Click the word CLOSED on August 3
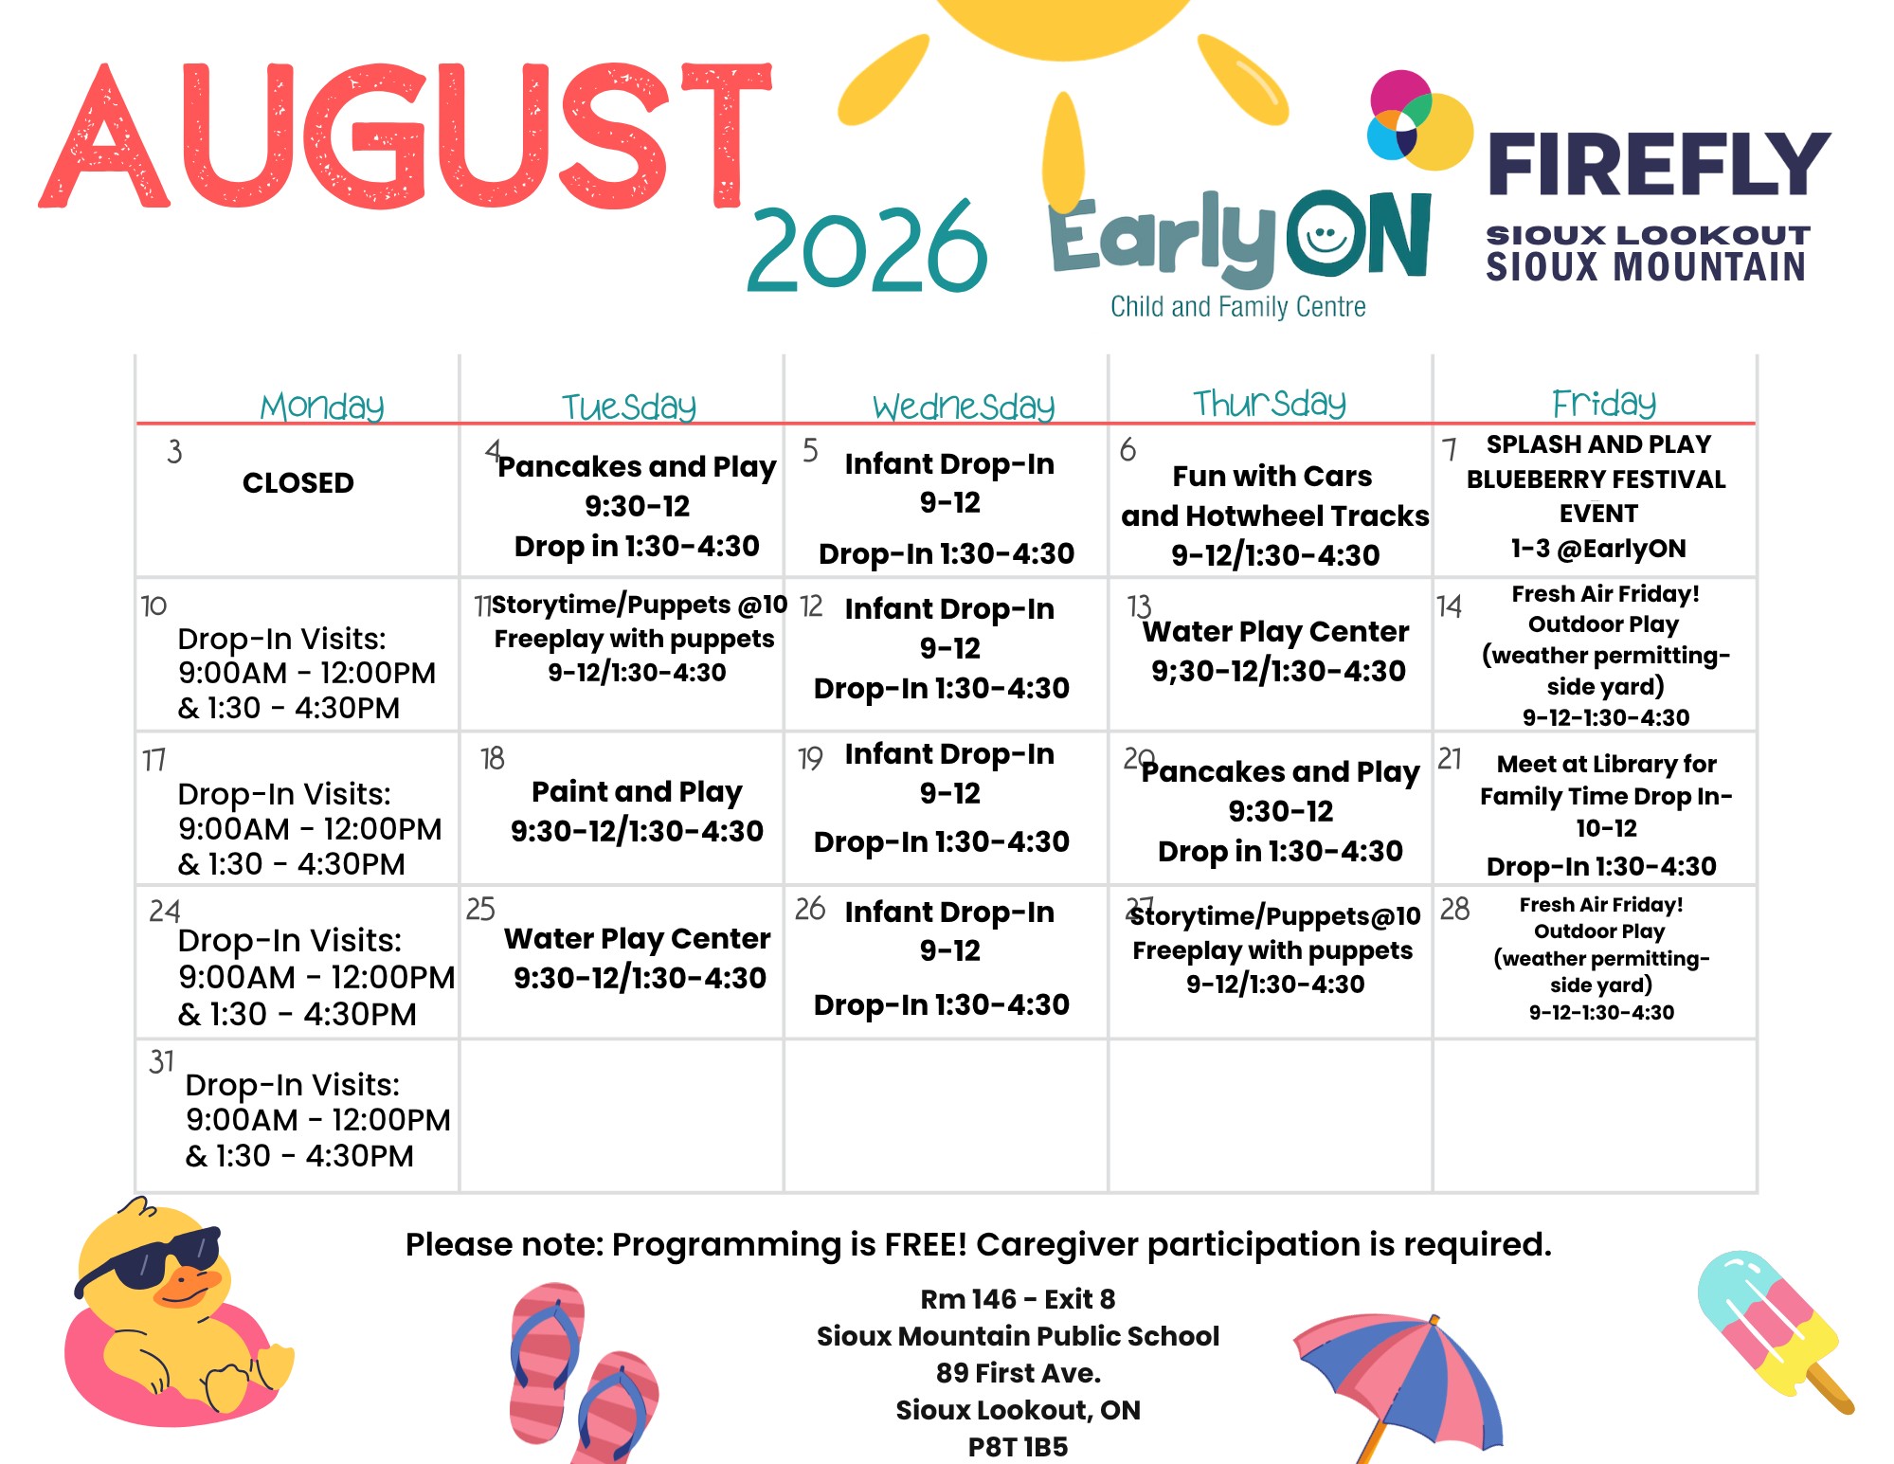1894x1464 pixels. click(298, 482)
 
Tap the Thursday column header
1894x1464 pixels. click(1269, 403)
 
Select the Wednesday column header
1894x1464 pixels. click(964, 407)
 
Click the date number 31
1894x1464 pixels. click(161, 1061)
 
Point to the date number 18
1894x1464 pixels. click(492, 758)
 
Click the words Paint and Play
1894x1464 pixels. click(637, 791)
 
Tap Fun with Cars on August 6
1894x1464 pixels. click(1272, 476)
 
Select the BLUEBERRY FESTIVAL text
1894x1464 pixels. click(1596, 479)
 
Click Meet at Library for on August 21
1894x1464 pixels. click(1606, 764)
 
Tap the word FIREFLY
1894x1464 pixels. click(1658, 165)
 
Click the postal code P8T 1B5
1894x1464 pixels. click(1018, 1447)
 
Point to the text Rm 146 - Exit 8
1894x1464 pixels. click(1018, 1299)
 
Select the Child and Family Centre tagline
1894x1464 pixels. click(1237, 307)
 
